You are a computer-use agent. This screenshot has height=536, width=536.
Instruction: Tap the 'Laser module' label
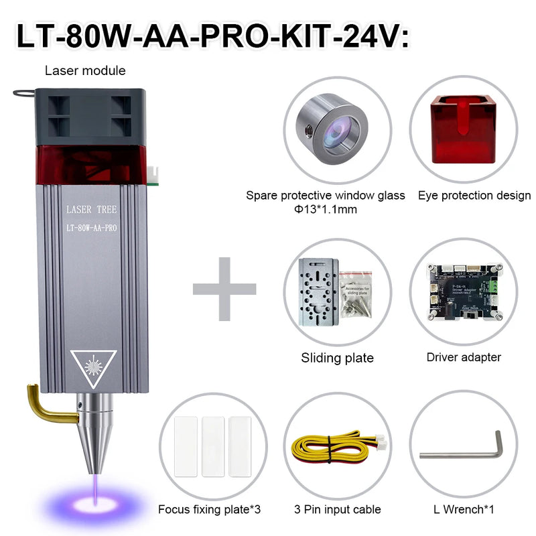tap(85, 70)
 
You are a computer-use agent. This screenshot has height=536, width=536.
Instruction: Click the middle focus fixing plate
tap(212, 446)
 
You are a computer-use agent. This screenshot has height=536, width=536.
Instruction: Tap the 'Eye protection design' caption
tap(474, 196)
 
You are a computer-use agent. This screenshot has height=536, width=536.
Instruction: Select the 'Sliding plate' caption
tap(337, 358)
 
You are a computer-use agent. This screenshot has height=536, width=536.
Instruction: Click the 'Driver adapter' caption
tap(464, 357)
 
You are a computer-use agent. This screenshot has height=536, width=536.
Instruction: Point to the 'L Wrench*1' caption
tap(464, 510)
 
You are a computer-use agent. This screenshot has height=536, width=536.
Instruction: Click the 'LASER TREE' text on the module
tap(92, 210)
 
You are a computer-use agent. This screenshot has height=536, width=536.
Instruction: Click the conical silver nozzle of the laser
tap(93, 435)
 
